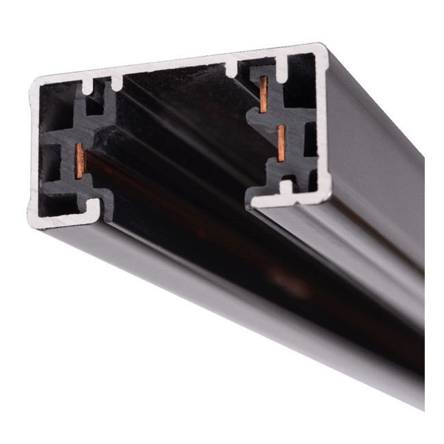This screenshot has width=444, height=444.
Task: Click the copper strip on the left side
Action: pyautogui.click(x=81, y=161)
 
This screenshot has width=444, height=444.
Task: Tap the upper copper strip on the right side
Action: pyautogui.click(x=263, y=92)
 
